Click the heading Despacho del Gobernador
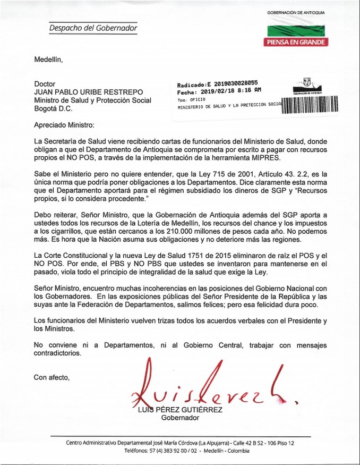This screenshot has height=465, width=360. pos(93,28)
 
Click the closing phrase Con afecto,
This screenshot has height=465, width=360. pos(52,377)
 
